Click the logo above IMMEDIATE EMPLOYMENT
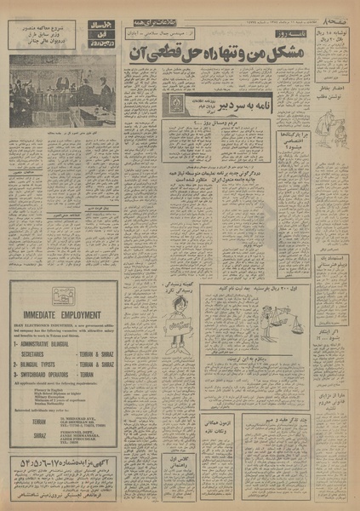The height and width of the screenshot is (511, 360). coord(64,296)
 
